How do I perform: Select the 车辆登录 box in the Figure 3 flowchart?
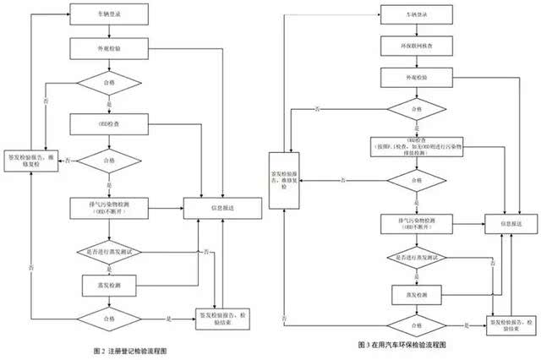pyautogui.click(x=412, y=15)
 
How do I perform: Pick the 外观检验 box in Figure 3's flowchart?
pyautogui.click(x=412, y=77)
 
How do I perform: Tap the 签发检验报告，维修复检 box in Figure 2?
pyautogui.click(x=31, y=161)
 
